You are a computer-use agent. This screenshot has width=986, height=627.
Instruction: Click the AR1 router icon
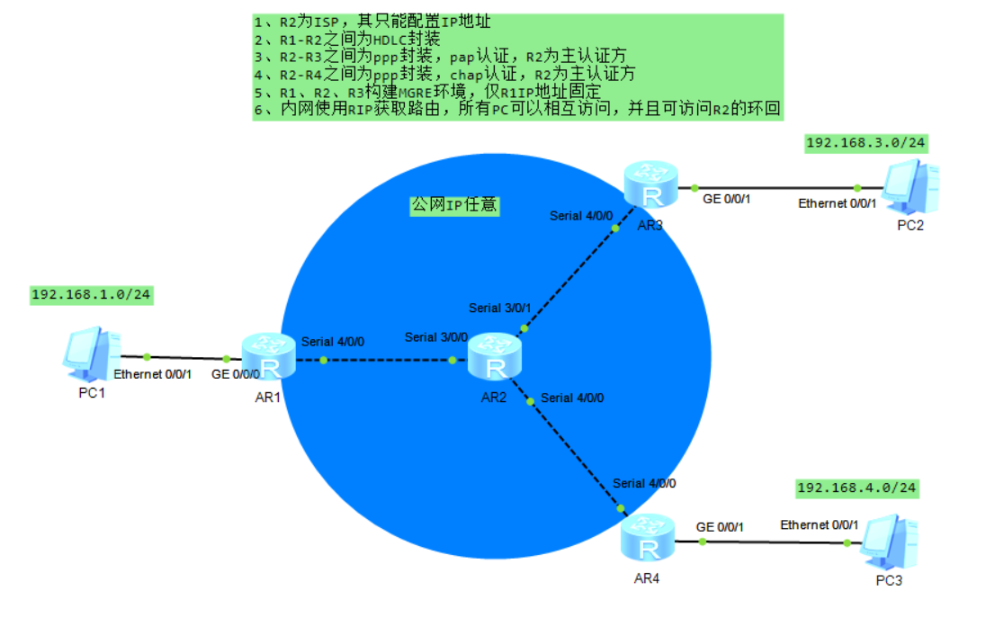pos(268,356)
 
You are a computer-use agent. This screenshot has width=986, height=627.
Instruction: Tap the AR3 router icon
pos(651,186)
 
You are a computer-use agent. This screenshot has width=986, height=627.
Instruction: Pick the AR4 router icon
pos(648,537)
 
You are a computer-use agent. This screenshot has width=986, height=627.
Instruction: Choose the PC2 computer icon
pos(910,184)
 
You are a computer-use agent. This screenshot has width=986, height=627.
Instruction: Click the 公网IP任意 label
pos(453,205)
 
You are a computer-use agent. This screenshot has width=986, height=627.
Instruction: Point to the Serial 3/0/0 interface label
pos(436,337)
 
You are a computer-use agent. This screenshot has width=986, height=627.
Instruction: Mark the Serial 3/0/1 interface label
pos(500,309)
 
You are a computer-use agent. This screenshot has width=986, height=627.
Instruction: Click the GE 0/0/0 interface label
pos(236,373)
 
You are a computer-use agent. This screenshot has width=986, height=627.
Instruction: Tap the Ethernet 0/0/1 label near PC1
pos(153,373)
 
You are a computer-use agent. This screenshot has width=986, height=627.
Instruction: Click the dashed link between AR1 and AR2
pos(373,361)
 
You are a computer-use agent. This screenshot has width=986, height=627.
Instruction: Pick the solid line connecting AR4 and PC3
pos(778,542)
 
